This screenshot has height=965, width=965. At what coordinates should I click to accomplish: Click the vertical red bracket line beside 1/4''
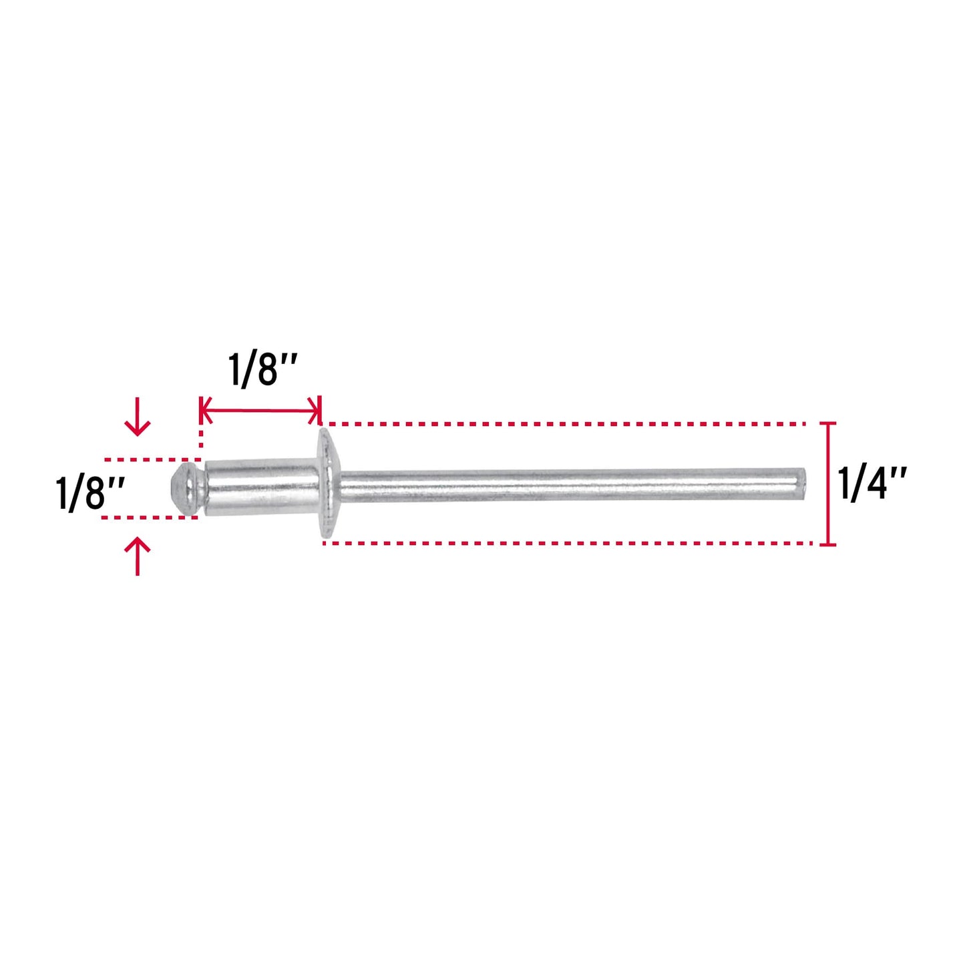click(x=830, y=484)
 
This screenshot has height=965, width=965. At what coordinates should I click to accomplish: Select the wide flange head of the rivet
click(x=329, y=484)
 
